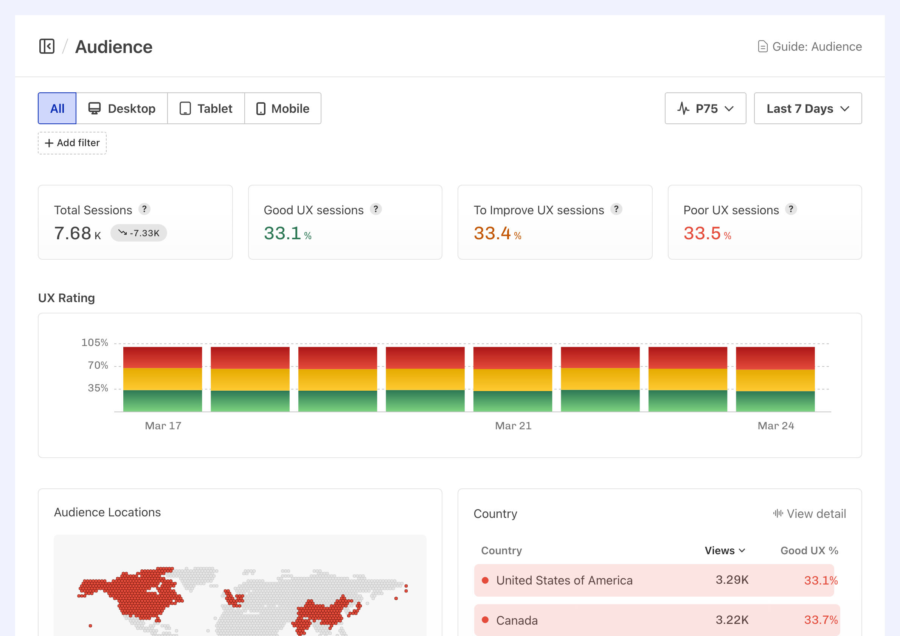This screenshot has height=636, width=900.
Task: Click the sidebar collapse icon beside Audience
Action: [x=47, y=46]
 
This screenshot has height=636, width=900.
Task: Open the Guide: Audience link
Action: [x=810, y=47]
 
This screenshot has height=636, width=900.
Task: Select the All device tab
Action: [x=57, y=108]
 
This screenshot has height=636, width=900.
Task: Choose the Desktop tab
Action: [x=122, y=108]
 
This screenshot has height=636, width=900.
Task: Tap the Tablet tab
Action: [x=206, y=108]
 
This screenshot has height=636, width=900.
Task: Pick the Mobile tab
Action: [x=282, y=108]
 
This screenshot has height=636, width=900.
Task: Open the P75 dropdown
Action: [x=705, y=108]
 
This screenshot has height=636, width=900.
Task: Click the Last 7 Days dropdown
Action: [x=807, y=108]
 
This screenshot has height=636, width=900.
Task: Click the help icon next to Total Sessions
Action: [x=144, y=209]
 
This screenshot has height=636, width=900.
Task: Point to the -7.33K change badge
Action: [x=139, y=233]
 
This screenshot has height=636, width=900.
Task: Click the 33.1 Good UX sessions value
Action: [x=282, y=233]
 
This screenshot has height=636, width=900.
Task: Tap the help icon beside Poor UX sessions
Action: [x=791, y=209]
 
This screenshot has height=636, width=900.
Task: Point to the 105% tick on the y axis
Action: [x=95, y=343]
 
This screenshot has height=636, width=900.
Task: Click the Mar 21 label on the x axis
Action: [x=513, y=426]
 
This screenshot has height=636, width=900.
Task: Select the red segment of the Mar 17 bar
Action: [x=163, y=357]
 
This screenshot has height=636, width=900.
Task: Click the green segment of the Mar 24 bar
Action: [x=775, y=401]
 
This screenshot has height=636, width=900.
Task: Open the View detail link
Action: [x=810, y=514]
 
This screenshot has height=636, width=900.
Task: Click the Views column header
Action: [x=725, y=550]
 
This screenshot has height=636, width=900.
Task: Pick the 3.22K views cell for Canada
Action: [x=732, y=620]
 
